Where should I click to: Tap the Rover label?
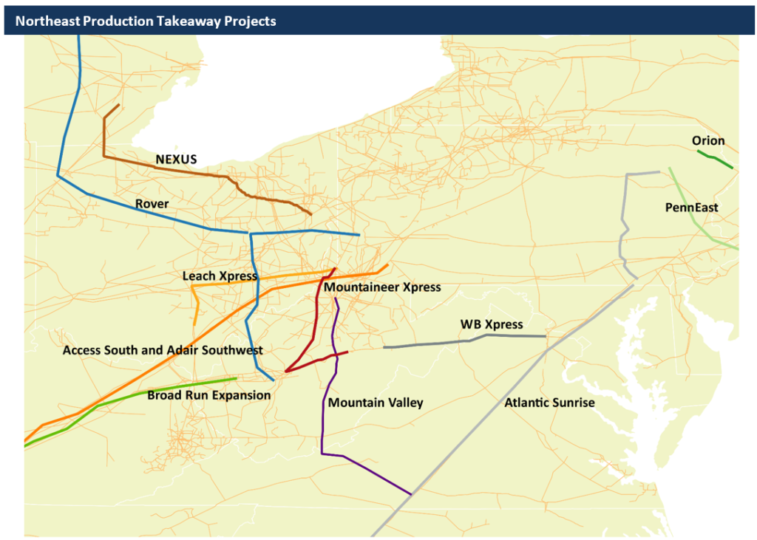coord(152,204)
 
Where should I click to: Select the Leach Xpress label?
coord(220,276)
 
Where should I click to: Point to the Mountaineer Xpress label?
coord(382,287)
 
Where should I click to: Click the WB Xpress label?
coord(492,324)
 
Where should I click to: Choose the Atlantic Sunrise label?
coord(549,403)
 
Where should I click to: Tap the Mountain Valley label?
coord(376,403)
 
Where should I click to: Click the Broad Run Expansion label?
coord(209,395)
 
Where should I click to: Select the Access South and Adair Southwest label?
coord(163,349)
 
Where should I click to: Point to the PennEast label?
coord(692,208)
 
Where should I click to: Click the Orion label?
coord(708,140)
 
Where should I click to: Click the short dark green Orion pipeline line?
coord(715,160)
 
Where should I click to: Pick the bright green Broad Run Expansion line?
coord(148,392)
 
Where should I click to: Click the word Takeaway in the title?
coord(184,21)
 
